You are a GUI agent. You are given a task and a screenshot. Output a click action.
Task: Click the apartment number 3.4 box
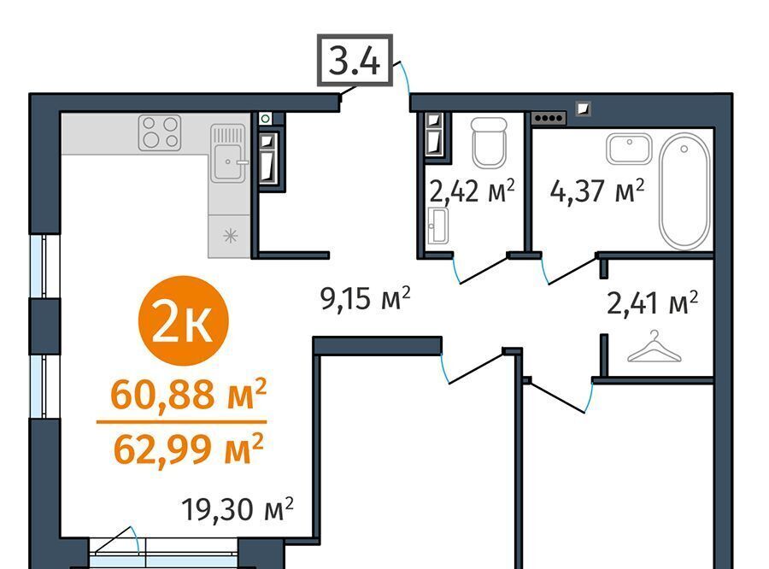click(355, 61)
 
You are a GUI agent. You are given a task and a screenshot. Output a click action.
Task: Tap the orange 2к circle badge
click(184, 320)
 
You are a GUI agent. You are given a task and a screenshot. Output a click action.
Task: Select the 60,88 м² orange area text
click(189, 394)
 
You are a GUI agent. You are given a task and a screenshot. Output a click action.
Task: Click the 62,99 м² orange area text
click(189, 449)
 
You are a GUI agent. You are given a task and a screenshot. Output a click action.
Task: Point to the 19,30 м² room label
click(238, 508)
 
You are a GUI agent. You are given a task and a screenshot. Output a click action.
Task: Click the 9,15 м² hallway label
click(365, 297)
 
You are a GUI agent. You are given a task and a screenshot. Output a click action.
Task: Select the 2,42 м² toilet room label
click(473, 191)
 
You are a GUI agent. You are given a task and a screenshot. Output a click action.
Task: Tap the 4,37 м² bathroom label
click(597, 191)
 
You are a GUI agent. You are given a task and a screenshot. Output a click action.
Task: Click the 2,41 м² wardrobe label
click(652, 302)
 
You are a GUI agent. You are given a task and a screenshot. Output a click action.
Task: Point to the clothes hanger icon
click(655, 347)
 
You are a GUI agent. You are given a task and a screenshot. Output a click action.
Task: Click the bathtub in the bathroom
click(684, 191)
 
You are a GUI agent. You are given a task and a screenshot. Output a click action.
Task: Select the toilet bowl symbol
click(489, 142)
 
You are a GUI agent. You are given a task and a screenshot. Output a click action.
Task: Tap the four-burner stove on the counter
click(160, 132)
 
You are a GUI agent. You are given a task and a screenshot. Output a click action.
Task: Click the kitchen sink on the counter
click(228, 153)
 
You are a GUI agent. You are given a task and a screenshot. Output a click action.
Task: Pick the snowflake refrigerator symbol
click(230, 237)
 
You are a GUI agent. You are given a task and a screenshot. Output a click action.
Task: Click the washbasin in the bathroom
click(629, 149)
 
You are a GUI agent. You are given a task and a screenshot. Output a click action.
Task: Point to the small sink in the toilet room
click(437, 226)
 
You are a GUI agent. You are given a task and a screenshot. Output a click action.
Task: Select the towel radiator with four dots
click(549, 118)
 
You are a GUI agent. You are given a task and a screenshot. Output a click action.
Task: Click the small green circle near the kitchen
click(266, 118)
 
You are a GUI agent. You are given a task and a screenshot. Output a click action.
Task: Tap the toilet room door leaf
click(483, 270)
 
